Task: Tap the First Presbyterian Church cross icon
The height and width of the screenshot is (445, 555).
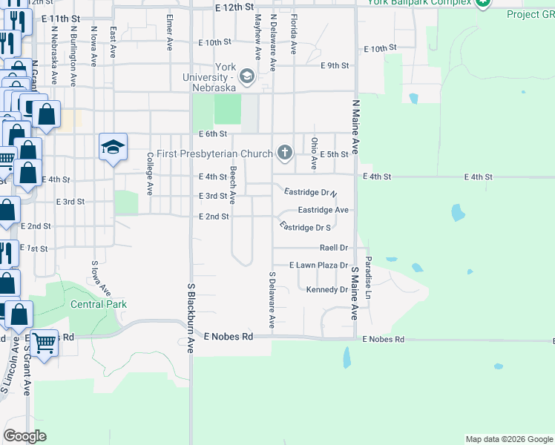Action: pyautogui.click(x=283, y=154)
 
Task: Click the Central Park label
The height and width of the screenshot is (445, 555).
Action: pyautogui.click(x=99, y=304)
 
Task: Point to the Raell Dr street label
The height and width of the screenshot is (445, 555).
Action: pyautogui.click(x=333, y=247)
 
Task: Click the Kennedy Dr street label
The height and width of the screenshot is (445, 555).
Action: pyautogui.click(x=327, y=289)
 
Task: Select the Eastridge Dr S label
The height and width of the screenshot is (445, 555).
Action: pyautogui.click(x=305, y=227)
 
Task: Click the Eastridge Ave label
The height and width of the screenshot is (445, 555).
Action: pyautogui.click(x=323, y=210)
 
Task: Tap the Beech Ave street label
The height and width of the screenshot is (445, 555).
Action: pyautogui.click(x=233, y=185)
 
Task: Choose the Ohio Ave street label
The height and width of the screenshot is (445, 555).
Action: pyautogui.click(x=315, y=152)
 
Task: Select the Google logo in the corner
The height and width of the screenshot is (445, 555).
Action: pyautogui.click(x=24, y=436)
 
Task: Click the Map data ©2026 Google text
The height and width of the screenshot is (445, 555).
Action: pyautogui.click(x=508, y=439)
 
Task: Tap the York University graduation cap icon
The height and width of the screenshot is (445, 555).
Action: pyautogui.click(x=247, y=77)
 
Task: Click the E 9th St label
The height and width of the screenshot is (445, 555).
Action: pyautogui.click(x=335, y=65)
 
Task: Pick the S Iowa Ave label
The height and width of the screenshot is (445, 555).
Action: pyautogui.click(x=95, y=277)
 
